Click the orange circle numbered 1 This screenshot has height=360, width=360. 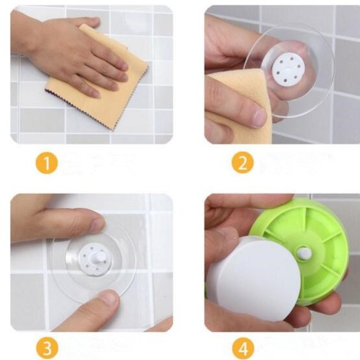[46, 163]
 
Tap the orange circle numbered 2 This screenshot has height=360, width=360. [242, 162]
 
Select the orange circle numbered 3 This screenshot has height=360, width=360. [47, 348]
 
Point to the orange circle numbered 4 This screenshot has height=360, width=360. [243, 348]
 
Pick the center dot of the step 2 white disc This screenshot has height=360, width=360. [288, 68]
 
